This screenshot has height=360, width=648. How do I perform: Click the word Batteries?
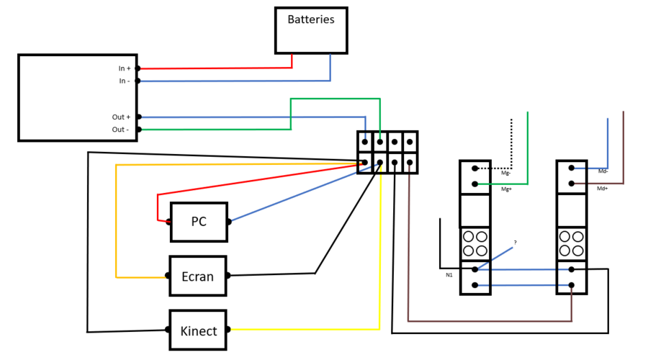click(x=311, y=19)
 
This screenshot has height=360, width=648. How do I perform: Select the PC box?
click(x=199, y=222)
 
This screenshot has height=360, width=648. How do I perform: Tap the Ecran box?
click(x=197, y=276)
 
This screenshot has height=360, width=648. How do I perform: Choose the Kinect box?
click(x=198, y=331)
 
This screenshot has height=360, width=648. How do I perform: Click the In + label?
click(x=125, y=68)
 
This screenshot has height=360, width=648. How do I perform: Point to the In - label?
click(x=125, y=81)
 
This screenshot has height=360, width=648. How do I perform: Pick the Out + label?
click(x=121, y=117)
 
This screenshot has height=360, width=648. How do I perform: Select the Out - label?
click(x=120, y=130)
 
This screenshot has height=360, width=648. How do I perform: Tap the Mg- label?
click(x=506, y=173)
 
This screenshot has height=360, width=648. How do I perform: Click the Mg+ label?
click(x=506, y=189)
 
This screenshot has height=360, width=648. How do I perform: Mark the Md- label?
click(x=603, y=171)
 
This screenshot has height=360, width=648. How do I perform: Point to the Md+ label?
click(x=603, y=188)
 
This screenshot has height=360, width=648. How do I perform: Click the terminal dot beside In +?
click(x=138, y=68)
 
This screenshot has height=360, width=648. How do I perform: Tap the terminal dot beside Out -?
click(x=138, y=130)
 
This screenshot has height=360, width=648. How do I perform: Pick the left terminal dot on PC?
click(x=169, y=222)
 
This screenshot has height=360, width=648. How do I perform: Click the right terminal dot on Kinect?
click(x=228, y=330)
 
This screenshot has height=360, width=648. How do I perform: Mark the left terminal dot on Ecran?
click(x=168, y=276)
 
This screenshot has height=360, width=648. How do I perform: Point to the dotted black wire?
click(x=511, y=144)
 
